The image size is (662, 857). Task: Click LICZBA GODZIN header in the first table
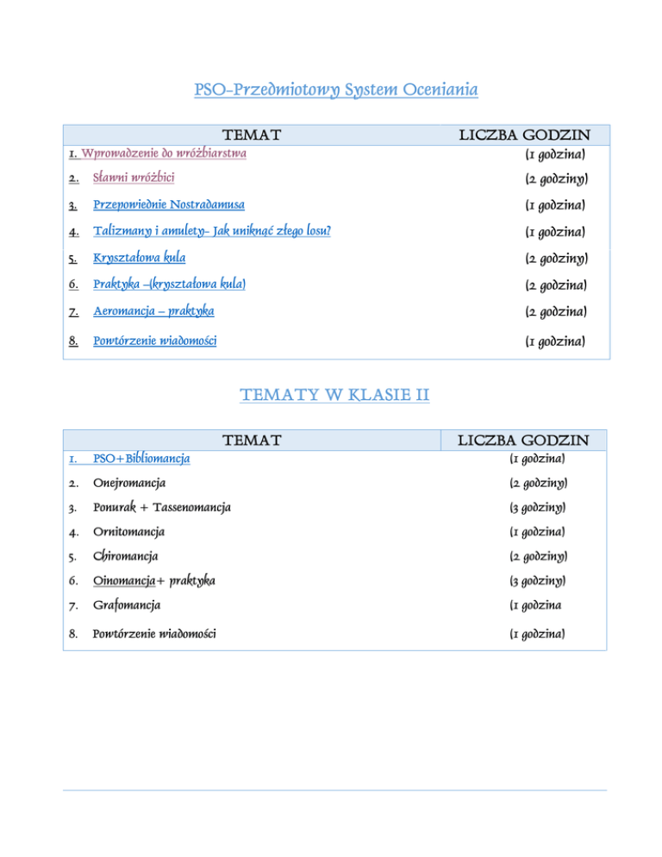coord(524,135)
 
